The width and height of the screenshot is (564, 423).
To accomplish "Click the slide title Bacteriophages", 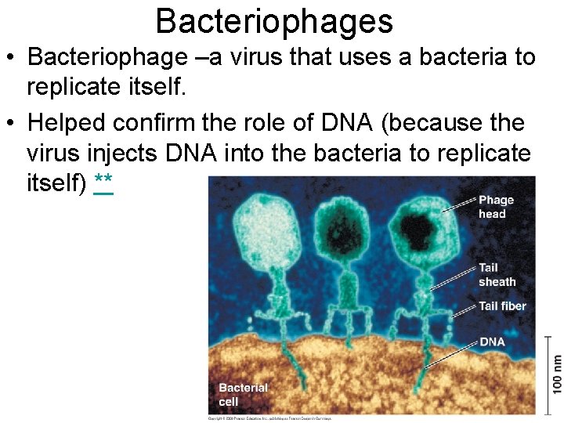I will (x=274, y=21).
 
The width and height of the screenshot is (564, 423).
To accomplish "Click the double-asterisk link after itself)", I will (x=103, y=183).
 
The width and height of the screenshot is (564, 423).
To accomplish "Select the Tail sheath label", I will (x=497, y=275).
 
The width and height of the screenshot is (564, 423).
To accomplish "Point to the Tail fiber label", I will (x=502, y=306).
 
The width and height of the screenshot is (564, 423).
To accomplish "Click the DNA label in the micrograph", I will (x=492, y=342).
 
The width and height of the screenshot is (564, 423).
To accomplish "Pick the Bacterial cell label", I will (x=243, y=395).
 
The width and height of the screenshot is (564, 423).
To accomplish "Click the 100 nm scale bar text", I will (x=555, y=374).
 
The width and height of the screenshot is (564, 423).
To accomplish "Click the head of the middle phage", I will (x=345, y=230).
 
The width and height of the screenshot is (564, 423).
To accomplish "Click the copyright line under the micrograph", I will (x=270, y=418).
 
